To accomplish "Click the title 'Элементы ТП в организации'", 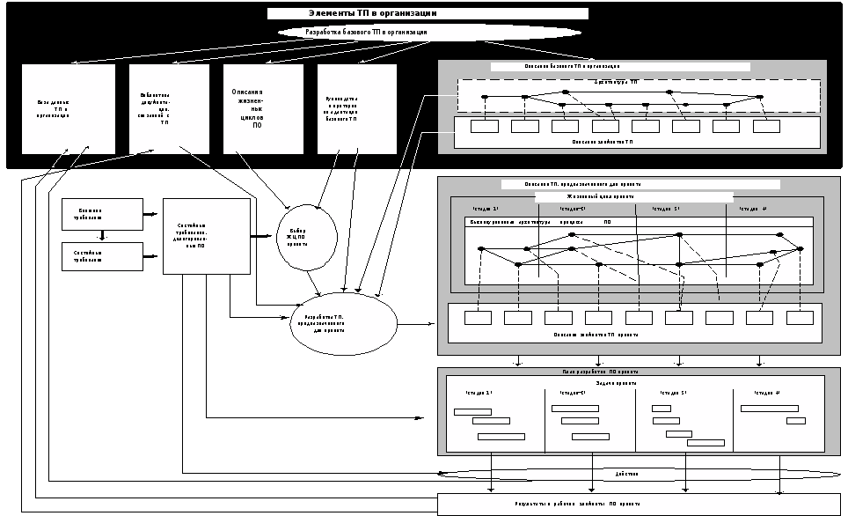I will (x=428, y=14).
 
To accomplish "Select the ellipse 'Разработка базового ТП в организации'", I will (x=429, y=32).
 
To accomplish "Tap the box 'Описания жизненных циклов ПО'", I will (x=262, y=108).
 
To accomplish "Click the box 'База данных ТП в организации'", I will (x=68, y=108).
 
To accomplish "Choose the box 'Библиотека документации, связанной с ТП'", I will (x=169, y=108).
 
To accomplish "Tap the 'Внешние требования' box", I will (x=102, y=214).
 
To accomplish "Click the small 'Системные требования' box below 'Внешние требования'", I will (x=102, y=256).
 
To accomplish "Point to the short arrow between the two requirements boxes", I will (x=102, y=235).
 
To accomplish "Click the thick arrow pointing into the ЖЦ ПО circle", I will (x=263, y=236).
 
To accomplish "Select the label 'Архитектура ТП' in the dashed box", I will (x=616, y=82).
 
